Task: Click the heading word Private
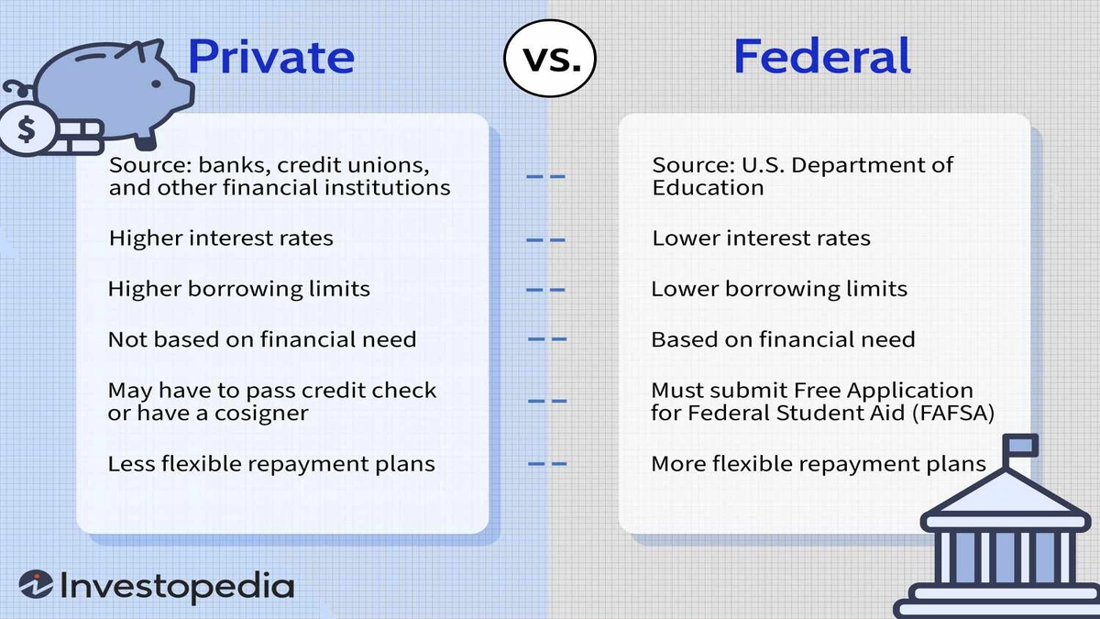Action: [x=270, y=57]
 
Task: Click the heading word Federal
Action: [x=822, y=57]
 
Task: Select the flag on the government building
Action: [x=1021, y=446]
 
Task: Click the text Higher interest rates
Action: [x=220, y=238]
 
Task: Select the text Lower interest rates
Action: [x=761, y=238]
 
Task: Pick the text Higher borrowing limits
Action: [x=238, y=289]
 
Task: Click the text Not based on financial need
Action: [x=262, y=339]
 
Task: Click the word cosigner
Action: [x=260, y=413]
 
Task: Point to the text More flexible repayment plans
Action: [x=818, y=463]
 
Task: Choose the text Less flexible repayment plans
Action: [x=271, y=463]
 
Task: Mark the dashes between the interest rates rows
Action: [x=547, y=239]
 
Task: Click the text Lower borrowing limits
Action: [x=779, y=289]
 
